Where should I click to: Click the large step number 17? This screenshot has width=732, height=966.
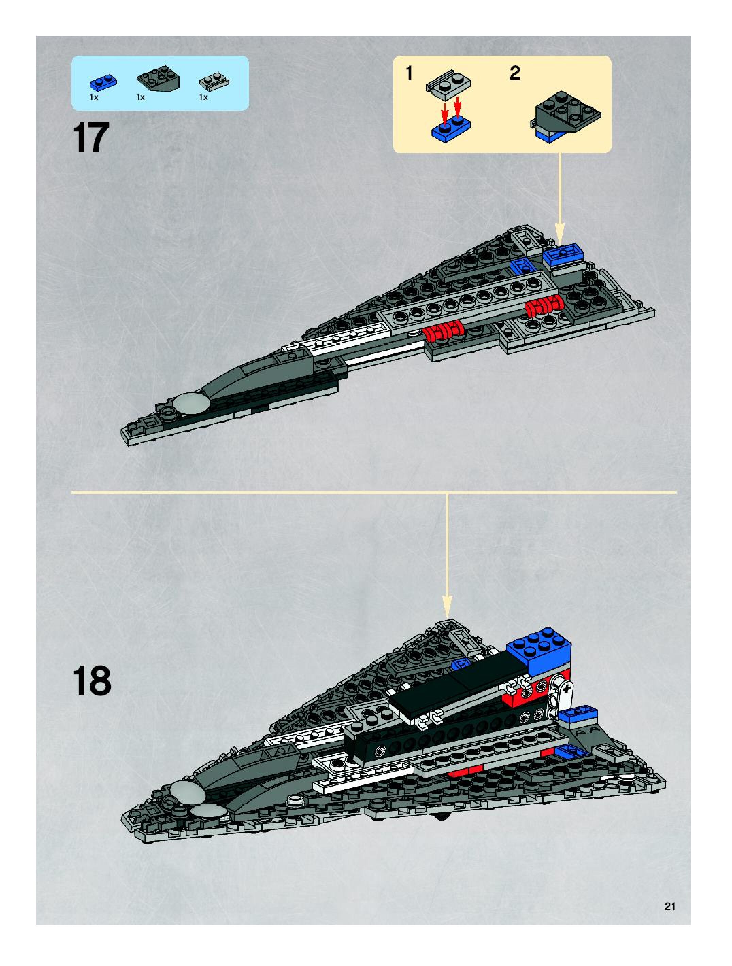(x=91, y=138)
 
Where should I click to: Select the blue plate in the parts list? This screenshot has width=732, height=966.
(x=103, y=82)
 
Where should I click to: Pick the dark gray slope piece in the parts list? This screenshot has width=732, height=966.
(x=158, y=79)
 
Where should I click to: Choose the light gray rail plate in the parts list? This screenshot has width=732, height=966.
(x=215, y=82)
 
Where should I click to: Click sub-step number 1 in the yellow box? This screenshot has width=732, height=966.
(x=409, y=73)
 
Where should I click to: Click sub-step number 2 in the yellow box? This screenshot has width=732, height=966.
(x=515, y=73)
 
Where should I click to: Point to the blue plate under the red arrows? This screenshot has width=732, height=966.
(x=451, y=128)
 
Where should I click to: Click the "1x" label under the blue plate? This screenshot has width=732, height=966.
(x=94, y=98)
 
